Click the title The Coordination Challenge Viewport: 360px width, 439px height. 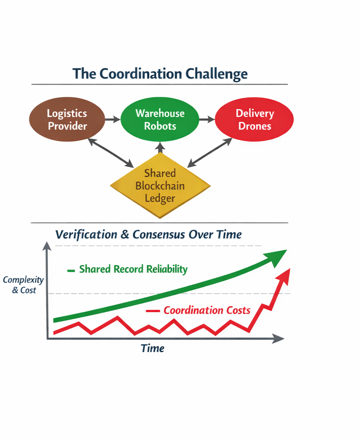(160, 73)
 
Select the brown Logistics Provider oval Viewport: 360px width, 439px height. (67, 120)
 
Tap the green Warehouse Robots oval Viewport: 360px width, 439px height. (160, 120)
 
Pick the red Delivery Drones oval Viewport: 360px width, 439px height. (254, 120)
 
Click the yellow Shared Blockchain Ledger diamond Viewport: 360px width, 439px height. (160, 186)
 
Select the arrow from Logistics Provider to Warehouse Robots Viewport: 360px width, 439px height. (112, 119)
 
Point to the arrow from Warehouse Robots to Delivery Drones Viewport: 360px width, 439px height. (207, 119)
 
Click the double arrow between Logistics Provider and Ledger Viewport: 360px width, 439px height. (111, 152)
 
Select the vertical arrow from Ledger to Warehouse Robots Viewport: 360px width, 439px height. (160, 148)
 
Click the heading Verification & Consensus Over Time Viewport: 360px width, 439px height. (149, 235)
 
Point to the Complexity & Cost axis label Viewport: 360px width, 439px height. (23, 285)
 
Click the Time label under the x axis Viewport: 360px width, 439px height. (152, 348)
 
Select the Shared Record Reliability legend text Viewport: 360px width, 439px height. (133, 269)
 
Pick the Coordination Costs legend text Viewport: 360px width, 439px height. (207, 310)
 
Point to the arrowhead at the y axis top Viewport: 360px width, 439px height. (47, 247)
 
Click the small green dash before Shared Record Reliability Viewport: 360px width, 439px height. (71, 270)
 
